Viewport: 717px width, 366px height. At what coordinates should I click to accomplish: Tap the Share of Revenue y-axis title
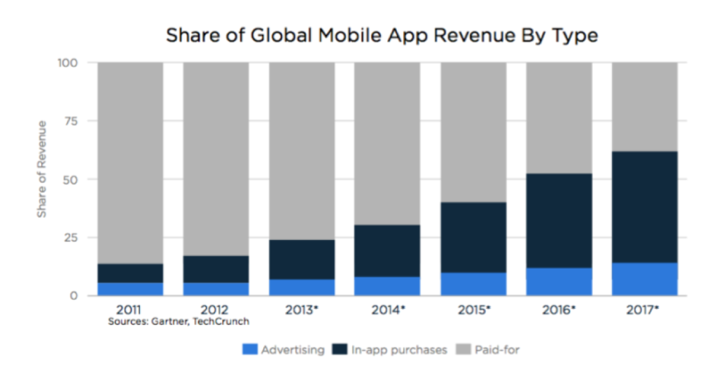coord(42,169)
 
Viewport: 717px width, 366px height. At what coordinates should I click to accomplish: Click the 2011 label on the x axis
coord(130,309)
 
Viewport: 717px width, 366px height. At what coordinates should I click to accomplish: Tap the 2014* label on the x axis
coord(387,309)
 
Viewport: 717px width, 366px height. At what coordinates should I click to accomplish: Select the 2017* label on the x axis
coord(645,309)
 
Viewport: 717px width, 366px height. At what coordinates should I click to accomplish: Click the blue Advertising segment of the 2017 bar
coord(645,279)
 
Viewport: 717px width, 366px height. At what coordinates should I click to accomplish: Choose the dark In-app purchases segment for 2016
coord(559,220)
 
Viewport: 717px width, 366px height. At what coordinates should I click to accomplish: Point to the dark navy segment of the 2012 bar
coord(216,269)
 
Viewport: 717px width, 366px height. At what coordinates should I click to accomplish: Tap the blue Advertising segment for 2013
coord(302,287)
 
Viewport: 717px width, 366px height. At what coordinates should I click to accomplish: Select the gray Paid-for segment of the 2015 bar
coord(473,132)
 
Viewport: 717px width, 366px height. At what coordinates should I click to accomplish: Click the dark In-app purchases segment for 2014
coord(387,251)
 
